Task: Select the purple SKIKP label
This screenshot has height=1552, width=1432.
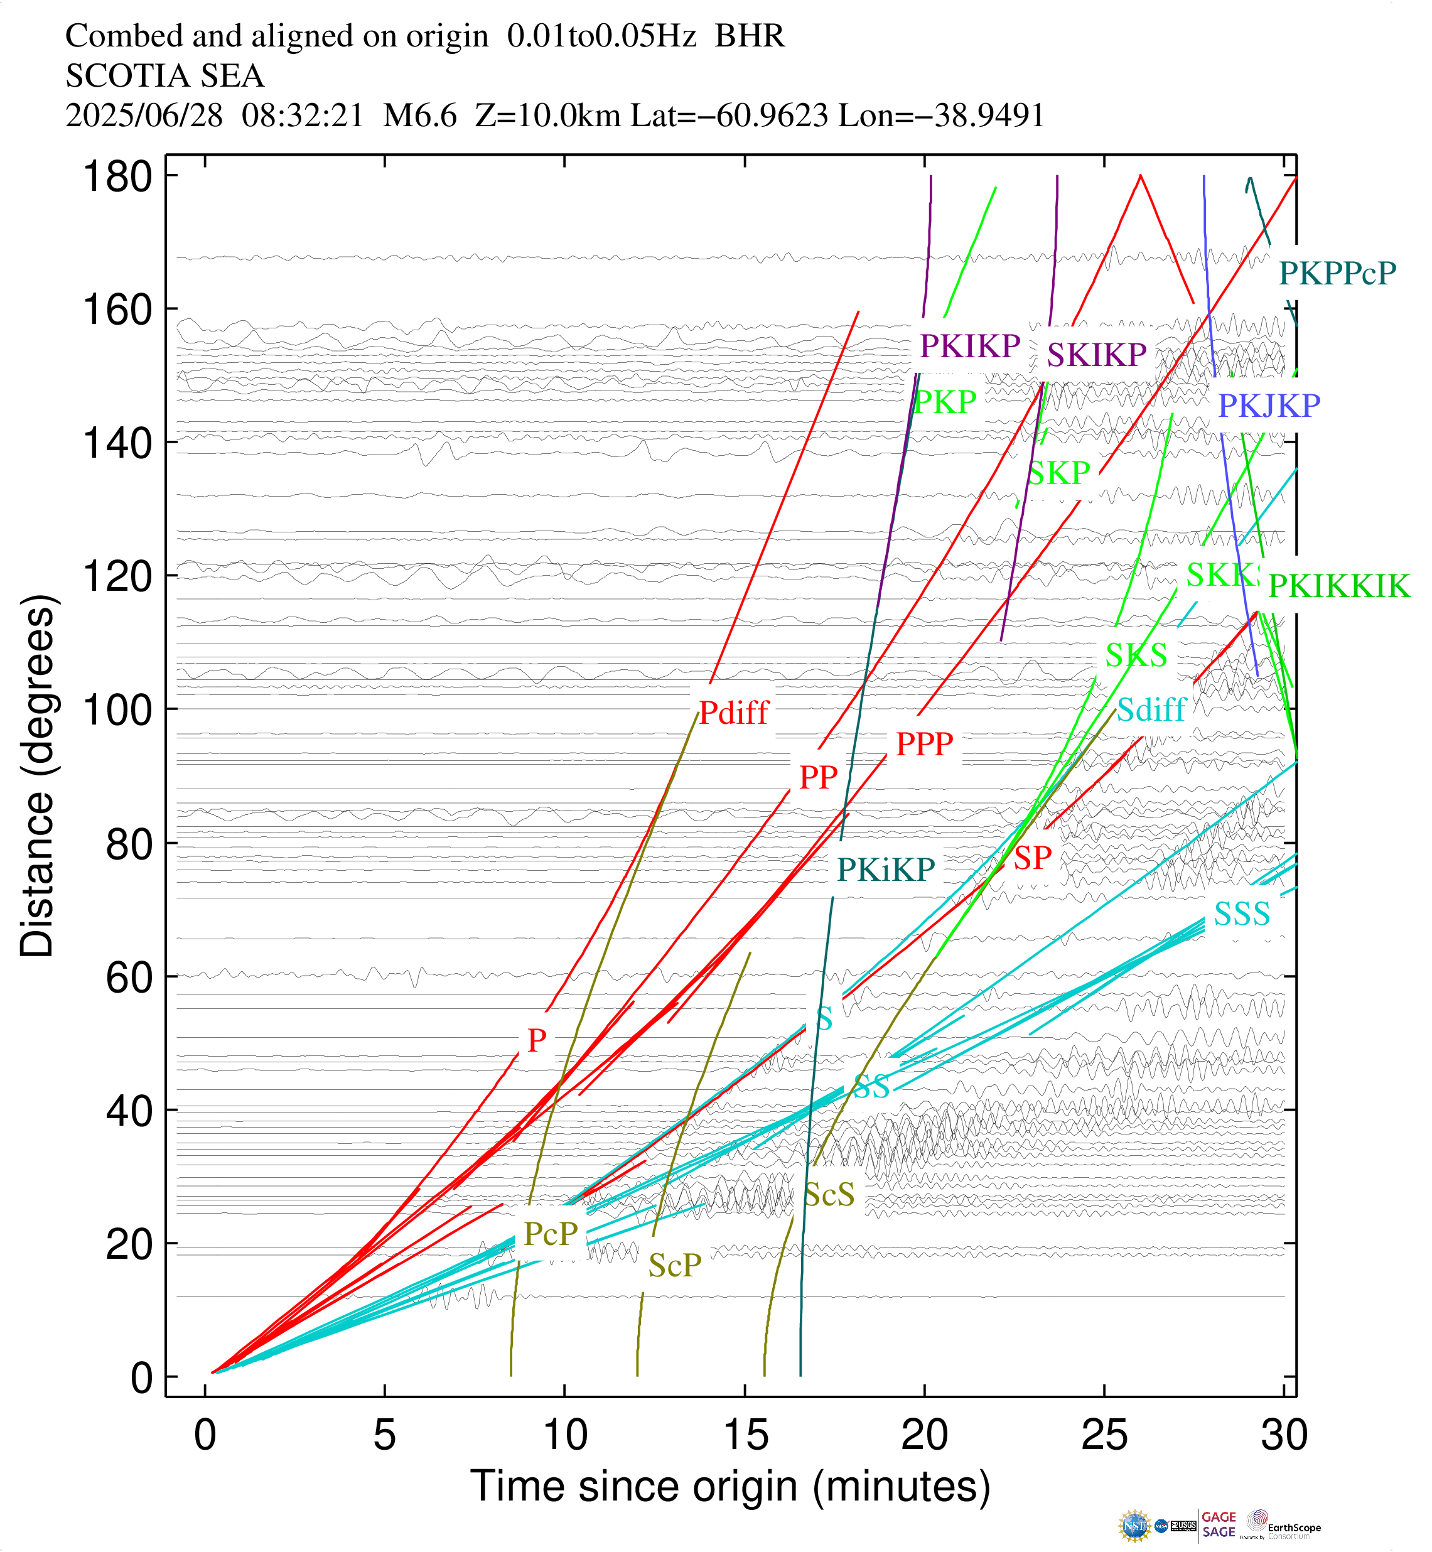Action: tap(1096, 355)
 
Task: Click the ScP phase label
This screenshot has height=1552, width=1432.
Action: tap(674, 1265)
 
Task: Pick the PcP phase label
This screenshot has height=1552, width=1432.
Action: tap(550, 1234)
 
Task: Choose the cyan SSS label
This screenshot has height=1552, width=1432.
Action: tap(1241, 914)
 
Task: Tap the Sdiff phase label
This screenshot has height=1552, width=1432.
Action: tap(1151, 709)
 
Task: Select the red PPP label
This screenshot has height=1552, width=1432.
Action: tap(923, 744)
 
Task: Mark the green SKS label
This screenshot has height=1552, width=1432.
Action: tap(1135, 655)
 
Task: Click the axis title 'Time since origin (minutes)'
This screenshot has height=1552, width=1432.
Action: tap(730, 1486)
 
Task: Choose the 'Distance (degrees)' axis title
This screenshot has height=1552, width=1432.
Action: tap(36, 775)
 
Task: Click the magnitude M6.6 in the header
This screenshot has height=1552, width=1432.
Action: tap(420, 116)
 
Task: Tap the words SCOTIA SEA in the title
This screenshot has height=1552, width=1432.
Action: tap(164, 76)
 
